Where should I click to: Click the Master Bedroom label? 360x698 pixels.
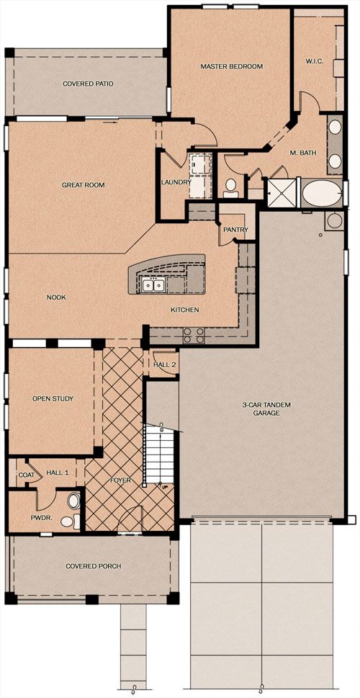(x=231, y=67)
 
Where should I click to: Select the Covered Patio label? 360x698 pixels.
(x=88, y=84)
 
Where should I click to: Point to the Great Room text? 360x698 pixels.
(x=84, y=184)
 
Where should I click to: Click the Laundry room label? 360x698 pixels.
(x=176, y=182)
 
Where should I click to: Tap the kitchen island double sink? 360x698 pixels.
(x=152, y=285)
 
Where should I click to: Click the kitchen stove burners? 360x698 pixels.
(x=194, y=335)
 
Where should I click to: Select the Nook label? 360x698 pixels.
(x=56, y=297)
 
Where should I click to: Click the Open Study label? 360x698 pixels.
(x=53, y=398)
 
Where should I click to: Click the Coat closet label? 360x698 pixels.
(x=26, y=475)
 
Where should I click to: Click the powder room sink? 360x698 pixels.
(x=74, y=501)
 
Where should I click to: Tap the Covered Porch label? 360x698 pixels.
(x=94, y=566)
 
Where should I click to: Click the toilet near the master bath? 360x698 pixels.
(x=230, y=188)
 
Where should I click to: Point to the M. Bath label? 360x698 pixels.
(x=303, y=153)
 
